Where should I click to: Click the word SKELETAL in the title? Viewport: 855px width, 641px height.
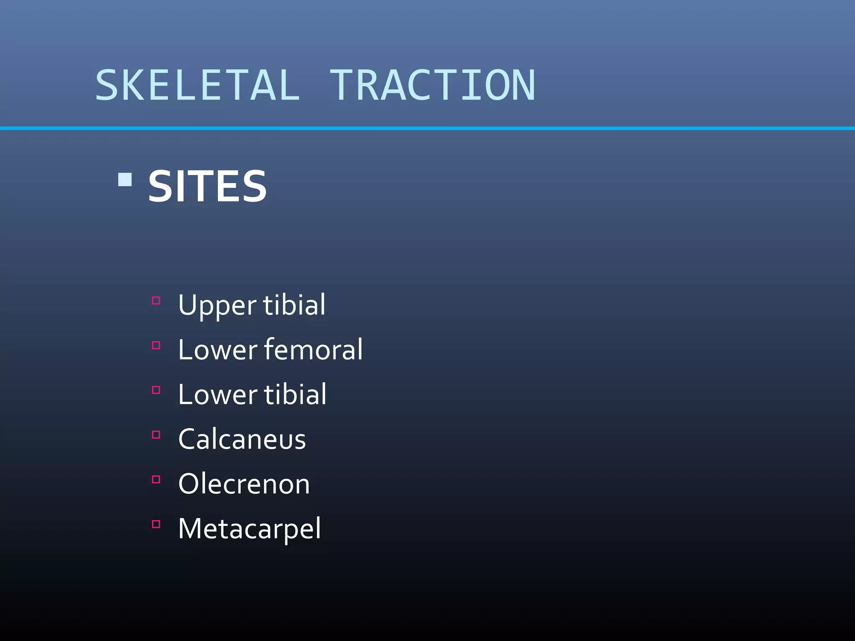point(197,86)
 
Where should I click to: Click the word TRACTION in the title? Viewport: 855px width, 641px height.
point(432,86)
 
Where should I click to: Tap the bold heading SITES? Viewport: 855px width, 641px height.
point(207,187)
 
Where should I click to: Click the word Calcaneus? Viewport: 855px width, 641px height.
point(242,439)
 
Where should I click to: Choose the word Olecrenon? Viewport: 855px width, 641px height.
point(244,484)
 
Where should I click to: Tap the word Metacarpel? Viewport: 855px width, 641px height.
point(250,529)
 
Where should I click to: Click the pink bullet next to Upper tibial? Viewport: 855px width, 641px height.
point(156,300)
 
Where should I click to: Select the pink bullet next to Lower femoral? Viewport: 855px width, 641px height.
point(156,345)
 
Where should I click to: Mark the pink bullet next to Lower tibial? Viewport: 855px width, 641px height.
point(156,390)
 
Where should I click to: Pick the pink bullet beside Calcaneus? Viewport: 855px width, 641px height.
point(156,434)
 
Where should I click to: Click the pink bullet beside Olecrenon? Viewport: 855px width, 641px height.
point(156,479)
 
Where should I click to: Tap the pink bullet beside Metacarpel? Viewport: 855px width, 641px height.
point(156,524)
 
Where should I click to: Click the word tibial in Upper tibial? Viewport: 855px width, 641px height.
point(294,305)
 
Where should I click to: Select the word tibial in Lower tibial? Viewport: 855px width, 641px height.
point(295,394)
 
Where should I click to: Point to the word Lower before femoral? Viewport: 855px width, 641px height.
point(218,350)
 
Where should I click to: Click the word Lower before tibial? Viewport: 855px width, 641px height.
point(218,394)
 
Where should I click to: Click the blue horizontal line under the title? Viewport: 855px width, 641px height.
point(427,128)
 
